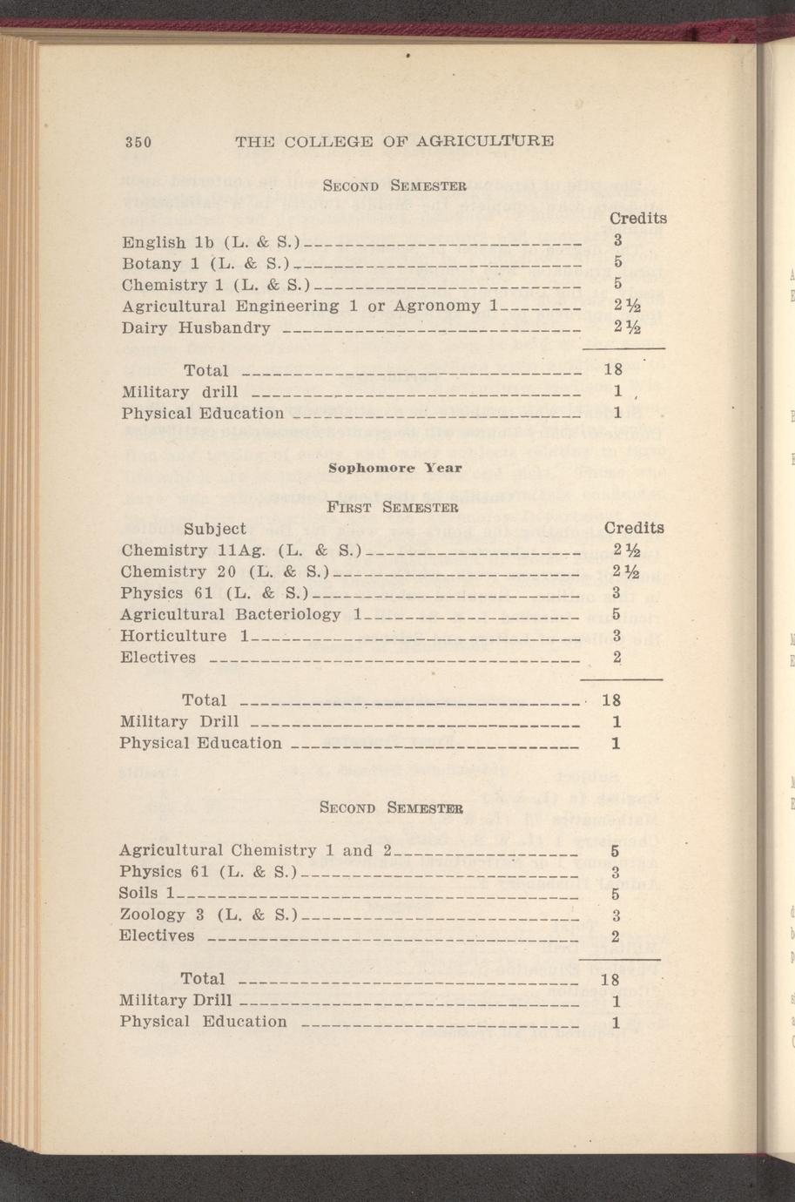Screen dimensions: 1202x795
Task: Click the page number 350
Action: click(x=138, y=142)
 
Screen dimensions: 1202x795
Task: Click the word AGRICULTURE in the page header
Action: click(x=485, y=140)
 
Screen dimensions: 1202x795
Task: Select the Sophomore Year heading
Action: click(x=394, y=468)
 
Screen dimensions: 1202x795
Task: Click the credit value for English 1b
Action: click(x=616, y=240)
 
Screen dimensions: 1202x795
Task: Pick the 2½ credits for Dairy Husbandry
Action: click(x=626, y=328)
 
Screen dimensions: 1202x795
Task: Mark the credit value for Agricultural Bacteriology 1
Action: click(x=616, y=614)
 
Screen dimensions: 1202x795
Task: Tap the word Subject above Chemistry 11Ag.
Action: click(x=215, y=528)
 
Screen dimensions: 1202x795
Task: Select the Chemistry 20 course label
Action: click(x=179, y=571)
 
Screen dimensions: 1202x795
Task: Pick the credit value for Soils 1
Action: click(x=615, y=894)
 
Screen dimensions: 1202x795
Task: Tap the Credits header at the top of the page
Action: click(x=637, y=218)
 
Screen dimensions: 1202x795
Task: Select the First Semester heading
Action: click(x=391, y=506)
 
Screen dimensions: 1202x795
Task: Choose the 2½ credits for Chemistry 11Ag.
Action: click(x=626, y=550)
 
